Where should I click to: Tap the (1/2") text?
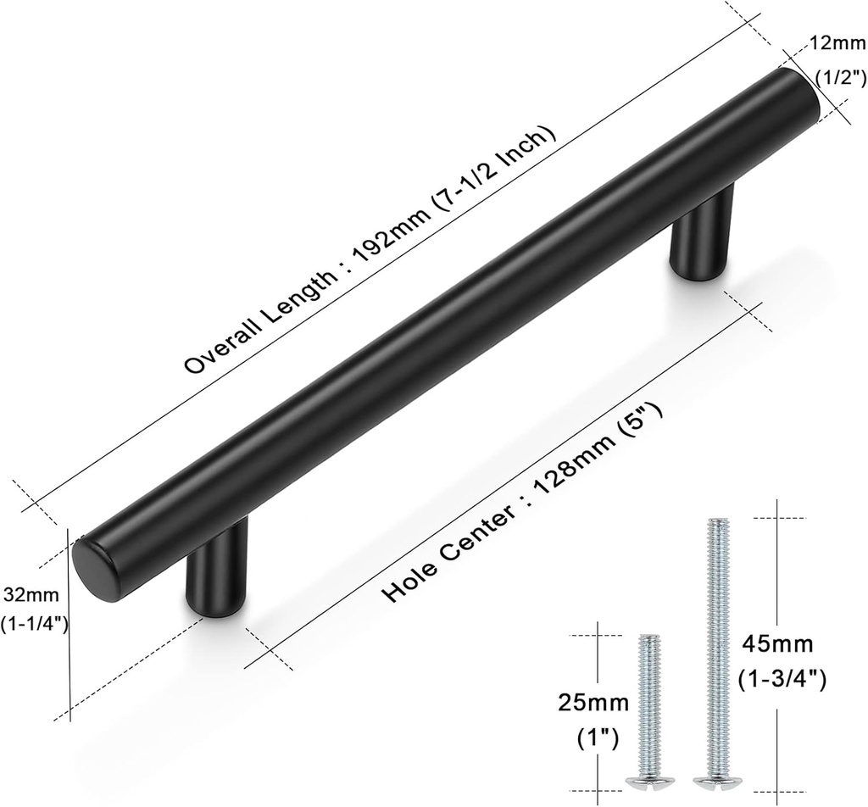[x=839, y=77]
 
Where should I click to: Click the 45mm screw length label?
[x=777, y=647]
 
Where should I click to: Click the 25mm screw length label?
[x=593, y=703]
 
